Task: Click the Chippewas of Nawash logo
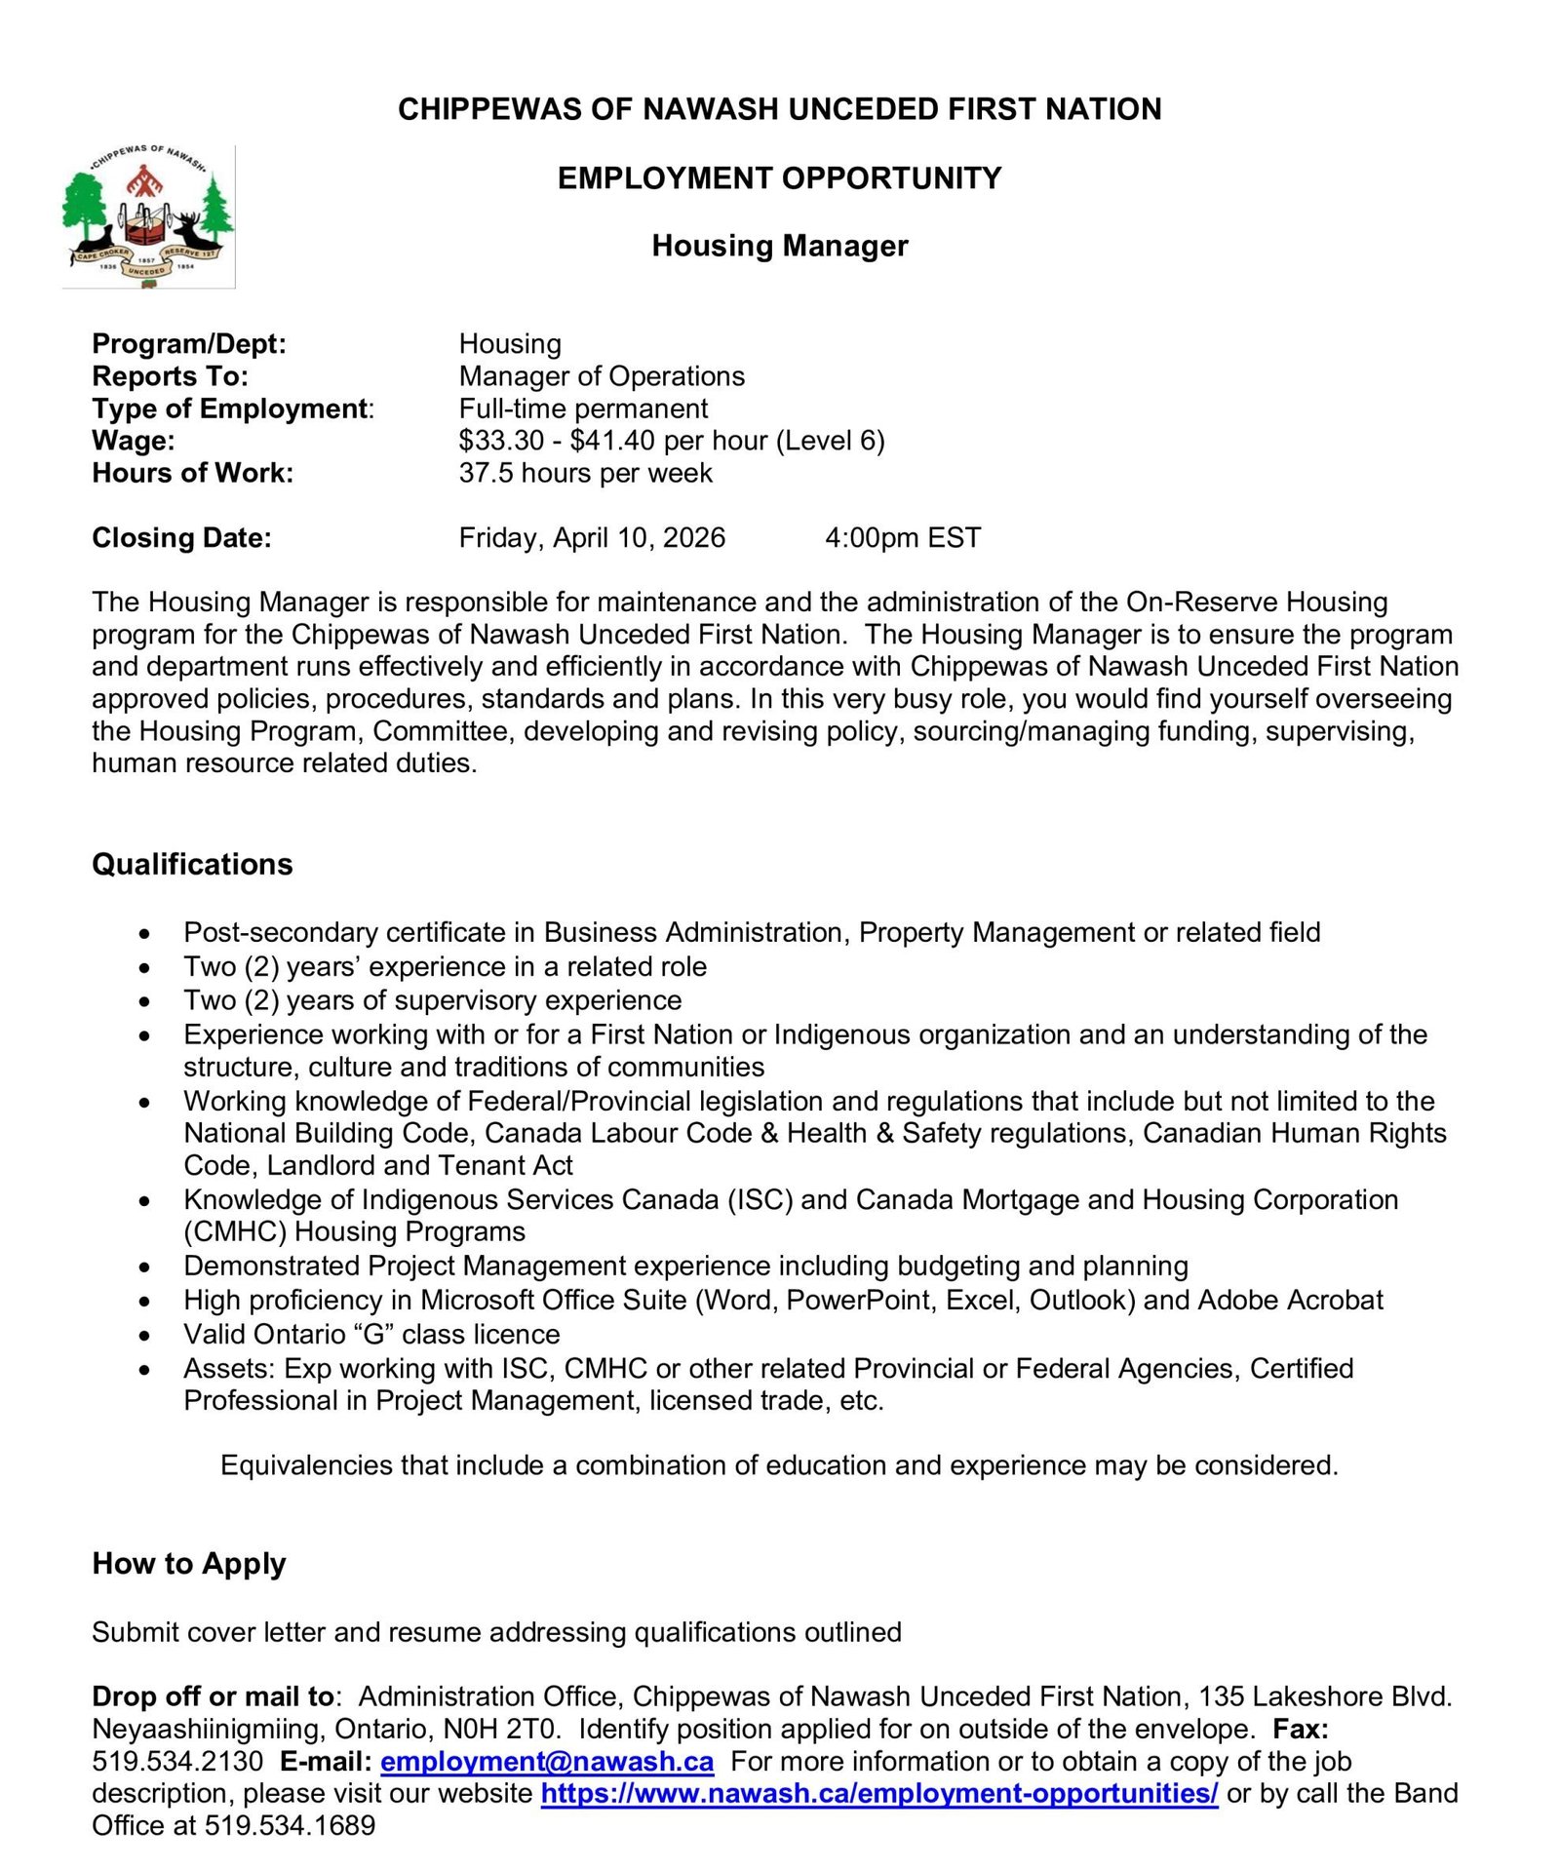[x=148, y=215]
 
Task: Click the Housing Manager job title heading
[x=779, y=246]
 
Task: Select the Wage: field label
[x=134, y=441]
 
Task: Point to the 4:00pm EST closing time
[x=902, y=537]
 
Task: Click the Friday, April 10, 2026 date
[x=592, y=537]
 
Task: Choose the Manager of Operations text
[x=601, y=376]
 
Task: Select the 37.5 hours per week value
[x=585, y=473]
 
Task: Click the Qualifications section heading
[x=192, y=864]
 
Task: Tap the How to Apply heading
[x=188, y=1563]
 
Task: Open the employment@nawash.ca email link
[x=546, y=1761]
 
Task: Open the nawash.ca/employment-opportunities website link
[x=878, y=1793]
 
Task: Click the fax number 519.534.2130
[x=177, y=1761]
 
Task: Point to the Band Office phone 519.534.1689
[x=290, y=1825]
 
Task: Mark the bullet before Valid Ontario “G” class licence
[x=144, y=1336]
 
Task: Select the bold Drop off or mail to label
[x=213, y=1696]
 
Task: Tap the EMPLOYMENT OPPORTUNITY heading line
[x=779, y=178]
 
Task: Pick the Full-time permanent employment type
[x=583, y=409]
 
